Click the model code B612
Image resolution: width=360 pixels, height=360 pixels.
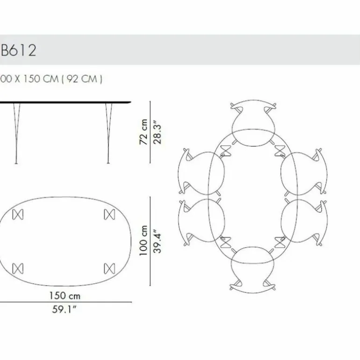pos(19,50)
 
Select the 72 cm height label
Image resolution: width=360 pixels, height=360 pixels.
pos(144,132)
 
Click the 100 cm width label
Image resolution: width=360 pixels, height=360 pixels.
pos(143,240)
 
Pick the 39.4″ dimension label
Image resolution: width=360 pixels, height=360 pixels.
pos(157,241)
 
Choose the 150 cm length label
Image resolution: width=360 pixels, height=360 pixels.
pos(65,295)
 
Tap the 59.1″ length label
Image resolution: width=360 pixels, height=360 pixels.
pos(64,310)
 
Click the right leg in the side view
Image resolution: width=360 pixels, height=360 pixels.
pos(108,133)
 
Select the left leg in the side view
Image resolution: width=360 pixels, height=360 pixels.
pos(16,133)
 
